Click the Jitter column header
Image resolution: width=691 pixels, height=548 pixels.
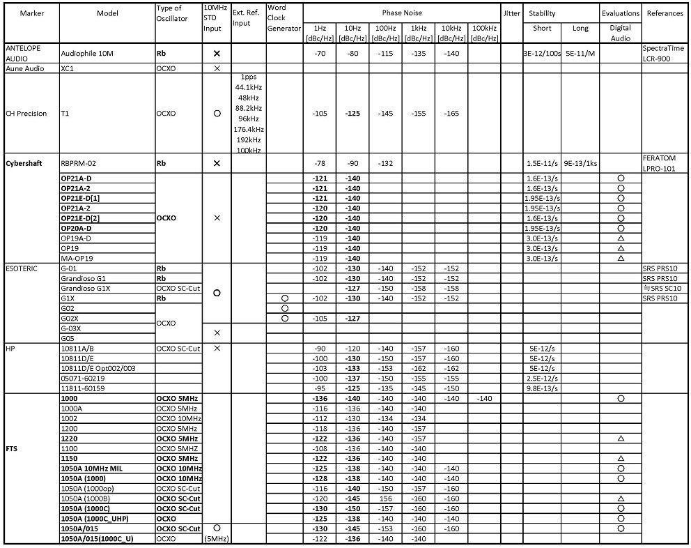tap(511, 13)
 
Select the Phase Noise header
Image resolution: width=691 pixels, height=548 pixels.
tap(401, 13)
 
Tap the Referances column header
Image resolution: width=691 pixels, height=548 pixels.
tap(665, 13)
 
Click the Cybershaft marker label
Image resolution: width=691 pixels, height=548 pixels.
tap(25, 163)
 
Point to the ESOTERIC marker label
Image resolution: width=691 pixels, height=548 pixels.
tap(22, 268)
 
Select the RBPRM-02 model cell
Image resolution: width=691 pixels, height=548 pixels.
tap(79, 163)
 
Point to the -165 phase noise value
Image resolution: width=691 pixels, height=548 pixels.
tap(451, 114)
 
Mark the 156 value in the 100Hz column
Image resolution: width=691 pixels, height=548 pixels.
tap(385, 498)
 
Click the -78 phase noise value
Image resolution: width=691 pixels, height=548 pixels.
tap(320, 163)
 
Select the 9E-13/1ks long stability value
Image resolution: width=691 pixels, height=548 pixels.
tap(580, 163)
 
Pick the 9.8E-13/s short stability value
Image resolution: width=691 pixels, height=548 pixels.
tap(542, 388)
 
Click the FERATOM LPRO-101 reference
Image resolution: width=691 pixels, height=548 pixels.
tap(660, 163)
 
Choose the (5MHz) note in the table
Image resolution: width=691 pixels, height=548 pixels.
tap(217, 539)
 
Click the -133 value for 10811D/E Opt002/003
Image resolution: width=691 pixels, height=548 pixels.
tap(353, 368)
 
